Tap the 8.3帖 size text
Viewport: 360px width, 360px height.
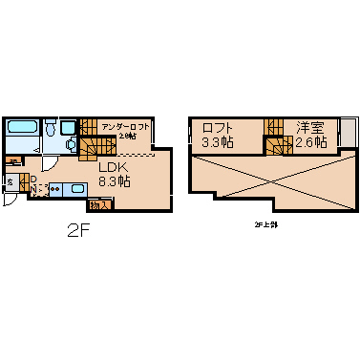(x=115, y=180)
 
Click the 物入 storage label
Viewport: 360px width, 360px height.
(x=97, y=204)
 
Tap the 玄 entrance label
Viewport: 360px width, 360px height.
(x=10, y=180)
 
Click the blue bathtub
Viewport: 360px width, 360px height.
(x=22, y=128)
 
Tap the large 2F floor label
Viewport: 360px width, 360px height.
(x=79, y=231)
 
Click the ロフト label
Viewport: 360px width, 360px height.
(x=217, y=128)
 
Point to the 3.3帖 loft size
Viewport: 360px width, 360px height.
(x=217, y=142)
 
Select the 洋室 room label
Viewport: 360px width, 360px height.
(x=309, y=128)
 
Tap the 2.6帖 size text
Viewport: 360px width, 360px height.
(x=309, y=142)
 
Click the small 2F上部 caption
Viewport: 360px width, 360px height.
(x=265, y=224)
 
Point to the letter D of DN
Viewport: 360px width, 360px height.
(x=32, y=179)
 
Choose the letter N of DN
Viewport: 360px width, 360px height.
(x=32, y=189)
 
